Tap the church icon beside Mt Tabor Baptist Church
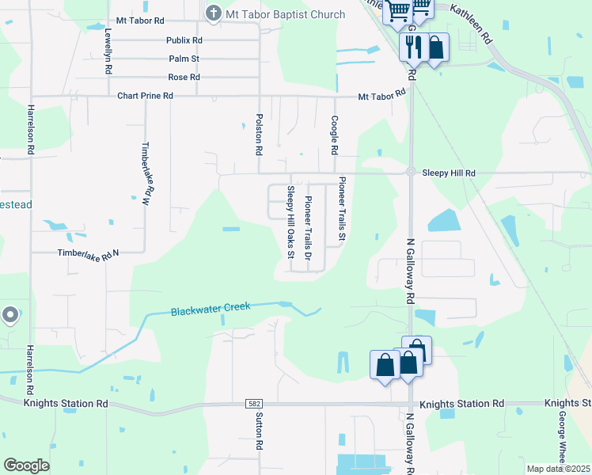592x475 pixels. [212, 13]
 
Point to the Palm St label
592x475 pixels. [184, 59]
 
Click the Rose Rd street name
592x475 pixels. [184, 78]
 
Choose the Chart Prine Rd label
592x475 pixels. [145, 96]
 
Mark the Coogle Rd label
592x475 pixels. [335, 135]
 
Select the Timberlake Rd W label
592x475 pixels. [145, 174]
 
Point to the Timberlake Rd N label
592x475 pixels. [88, 253]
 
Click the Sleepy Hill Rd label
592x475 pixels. [449, 173]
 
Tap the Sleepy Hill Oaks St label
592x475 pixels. [290, 222]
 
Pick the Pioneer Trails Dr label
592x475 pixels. [309, 229]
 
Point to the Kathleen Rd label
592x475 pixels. [472, 23]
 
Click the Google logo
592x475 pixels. [26, 465]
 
